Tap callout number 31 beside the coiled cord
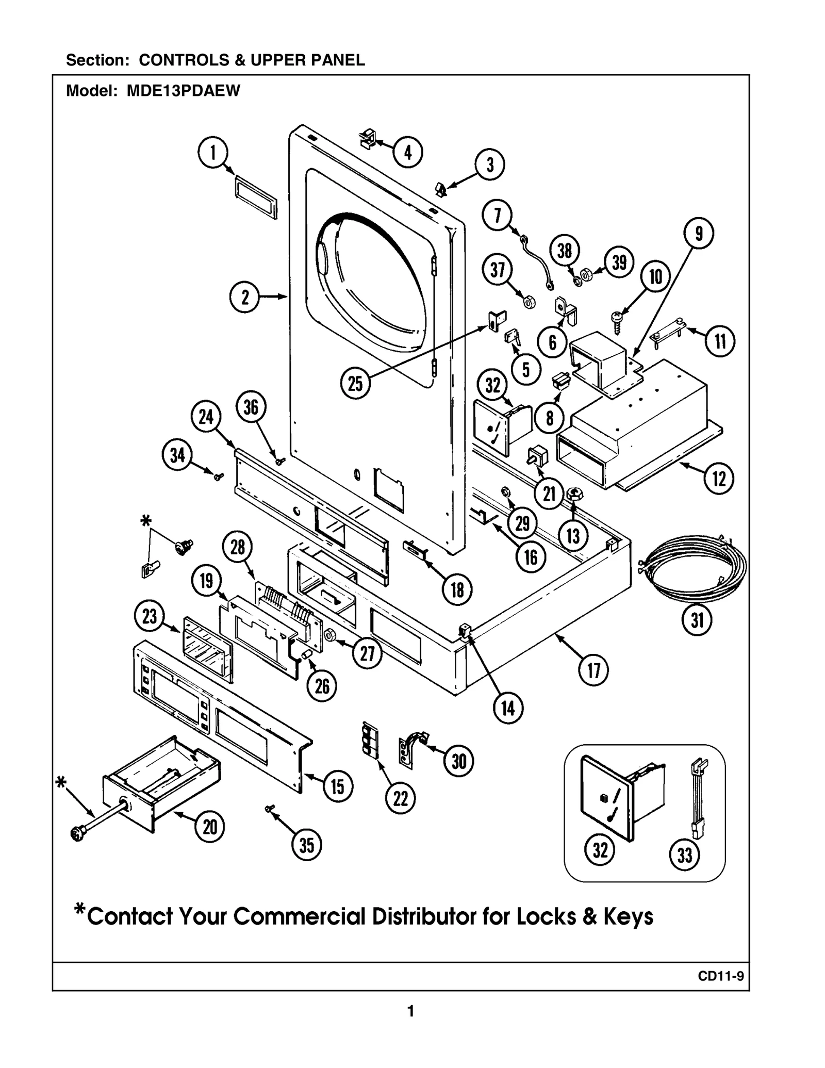[x=697, y=620]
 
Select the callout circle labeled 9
[x=699, y=234]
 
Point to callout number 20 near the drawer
[x=210, y=828]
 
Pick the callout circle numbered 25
[x=355, y=384]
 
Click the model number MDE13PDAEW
[x=184, y=91]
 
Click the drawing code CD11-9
[x=721, y=976]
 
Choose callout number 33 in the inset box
[x=684, y=856]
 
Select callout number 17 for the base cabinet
[x=594, y=671]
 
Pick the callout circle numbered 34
[x=177, y=455]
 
